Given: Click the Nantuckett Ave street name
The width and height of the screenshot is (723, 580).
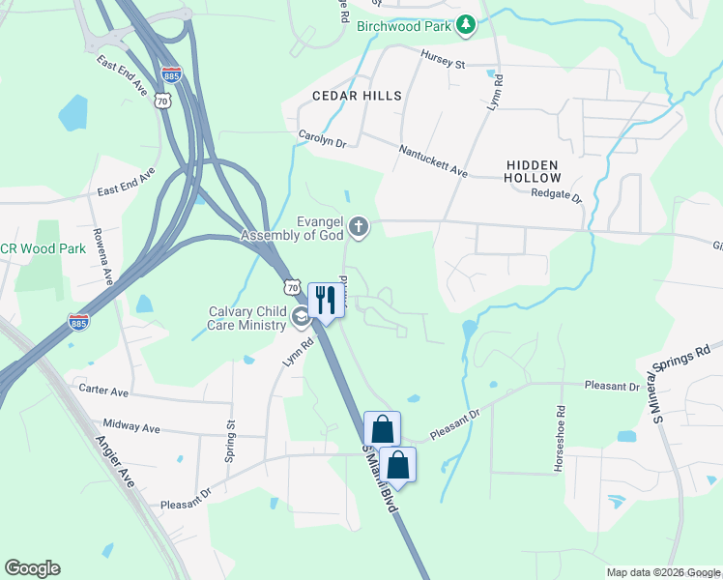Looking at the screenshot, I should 433,160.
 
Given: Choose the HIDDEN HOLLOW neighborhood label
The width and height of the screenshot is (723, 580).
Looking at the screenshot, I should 533,172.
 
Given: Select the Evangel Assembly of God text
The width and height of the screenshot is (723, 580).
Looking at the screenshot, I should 293,228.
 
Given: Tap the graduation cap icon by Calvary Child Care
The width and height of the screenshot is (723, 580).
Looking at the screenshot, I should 302,317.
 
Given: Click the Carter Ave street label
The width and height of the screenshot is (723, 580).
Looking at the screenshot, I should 103,391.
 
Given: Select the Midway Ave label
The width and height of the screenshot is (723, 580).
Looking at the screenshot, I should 131,426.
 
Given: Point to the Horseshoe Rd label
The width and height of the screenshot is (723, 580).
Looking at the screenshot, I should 560,425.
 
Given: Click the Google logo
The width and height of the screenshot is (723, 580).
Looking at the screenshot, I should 33,568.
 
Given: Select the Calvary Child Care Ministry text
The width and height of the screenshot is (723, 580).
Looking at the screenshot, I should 248,318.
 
